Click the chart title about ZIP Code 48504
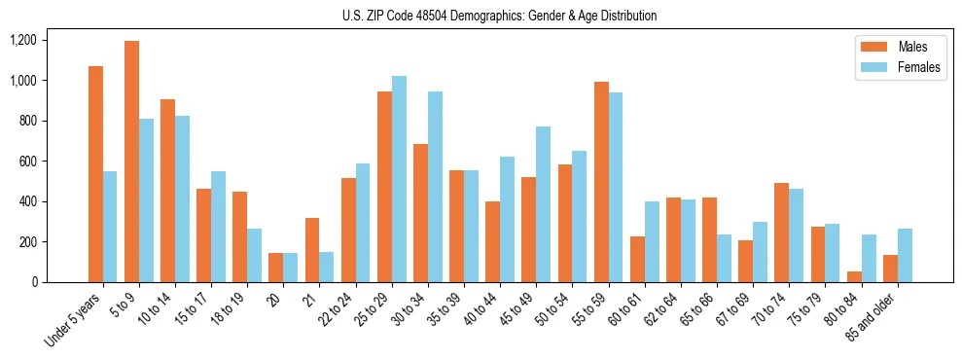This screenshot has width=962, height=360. pos(499,16)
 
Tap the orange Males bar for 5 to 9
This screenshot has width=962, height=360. pos(131,162)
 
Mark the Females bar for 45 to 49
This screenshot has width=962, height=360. pos(543,204)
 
